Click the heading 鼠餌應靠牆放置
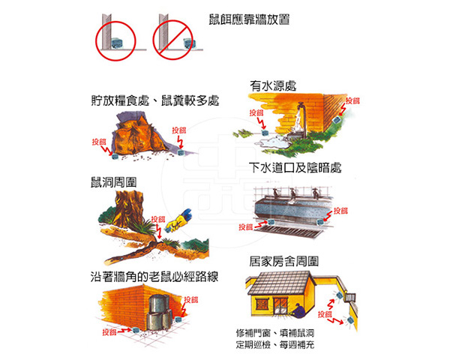pos(249,19)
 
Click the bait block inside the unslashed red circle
pos(117,43)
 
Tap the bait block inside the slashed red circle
pos(190,43)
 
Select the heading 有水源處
pos(273,85)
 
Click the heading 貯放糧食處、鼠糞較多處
pos(155,100)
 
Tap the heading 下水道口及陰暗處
pos(295,168)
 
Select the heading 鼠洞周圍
pos(114,182)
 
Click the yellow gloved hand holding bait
pos(178,220)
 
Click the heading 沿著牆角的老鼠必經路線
pos(154,277)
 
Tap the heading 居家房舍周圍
pos(283,261)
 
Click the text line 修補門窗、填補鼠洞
pos(275,333)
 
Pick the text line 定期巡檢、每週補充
pos(275,344)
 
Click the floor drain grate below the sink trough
pos(292,230)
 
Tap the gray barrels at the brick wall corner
pos(160,312)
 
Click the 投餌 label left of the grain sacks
pos(99,142)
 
